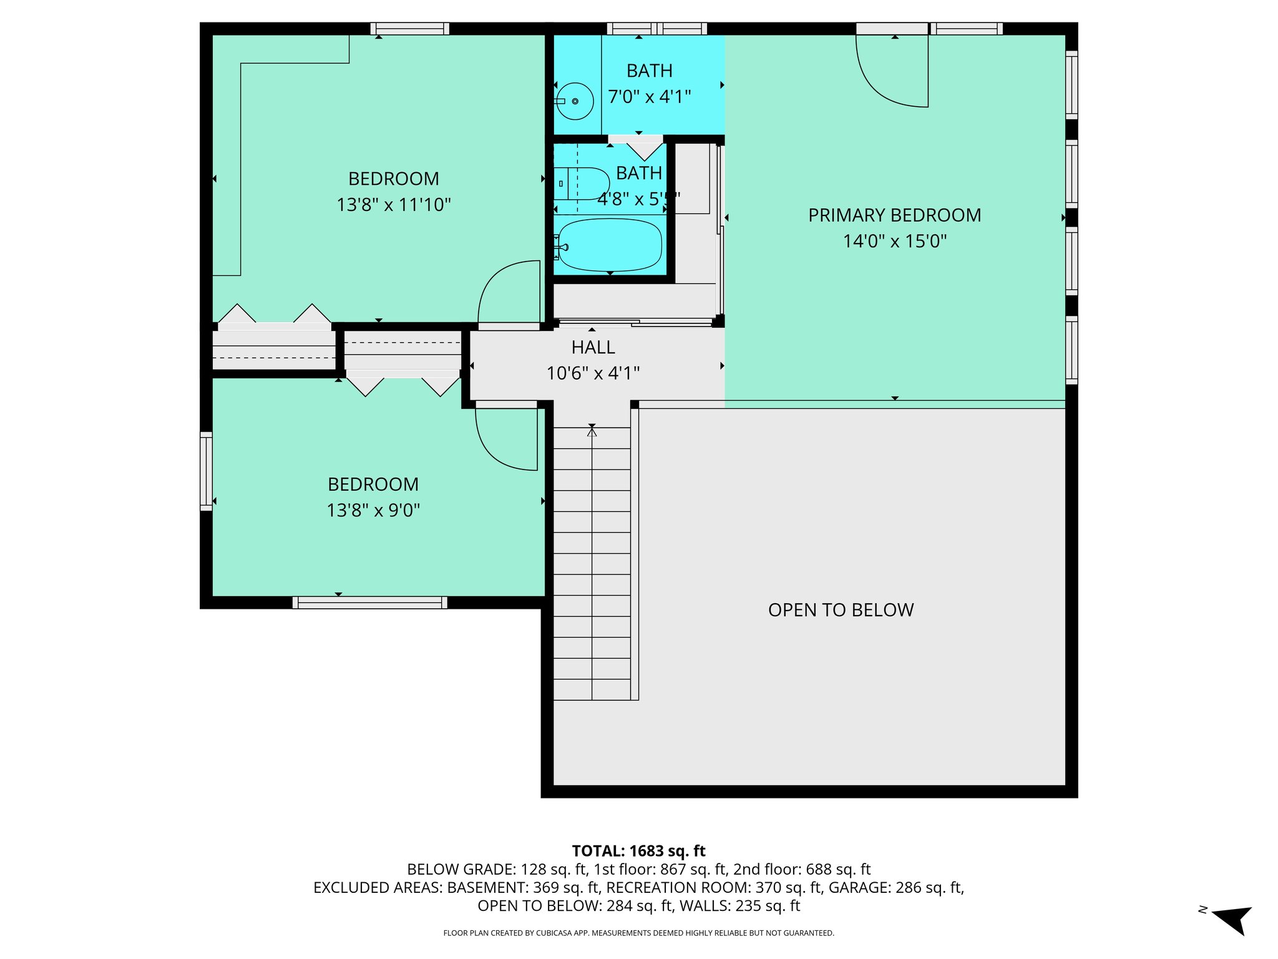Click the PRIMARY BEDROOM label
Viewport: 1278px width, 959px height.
(x=894, y=215)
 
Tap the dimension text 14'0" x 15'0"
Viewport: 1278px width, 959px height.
(x=894, y=242)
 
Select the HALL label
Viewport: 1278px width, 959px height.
(x=593, y=347)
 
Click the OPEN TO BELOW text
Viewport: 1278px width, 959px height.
(x=841, y=610)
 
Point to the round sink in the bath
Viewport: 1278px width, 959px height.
(x=575, y=101)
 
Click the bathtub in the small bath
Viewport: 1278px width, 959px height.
(x=610, y=245)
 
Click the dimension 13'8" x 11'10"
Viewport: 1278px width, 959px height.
(x=393, y=205)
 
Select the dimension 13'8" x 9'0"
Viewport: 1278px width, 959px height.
(x=373, y=511)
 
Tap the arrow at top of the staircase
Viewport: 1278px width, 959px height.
(x=592, y=430)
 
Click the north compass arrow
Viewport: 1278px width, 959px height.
(x=1232, y=918)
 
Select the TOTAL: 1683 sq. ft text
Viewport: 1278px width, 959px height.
(x=638, y=851)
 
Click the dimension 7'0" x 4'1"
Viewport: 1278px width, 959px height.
(x=649, y=97)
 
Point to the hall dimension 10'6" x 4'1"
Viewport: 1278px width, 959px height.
(x=593, y=373)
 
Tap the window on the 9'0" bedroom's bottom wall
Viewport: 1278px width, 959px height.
(x=369, y=602)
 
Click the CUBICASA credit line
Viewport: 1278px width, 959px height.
(x=638, y=933)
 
